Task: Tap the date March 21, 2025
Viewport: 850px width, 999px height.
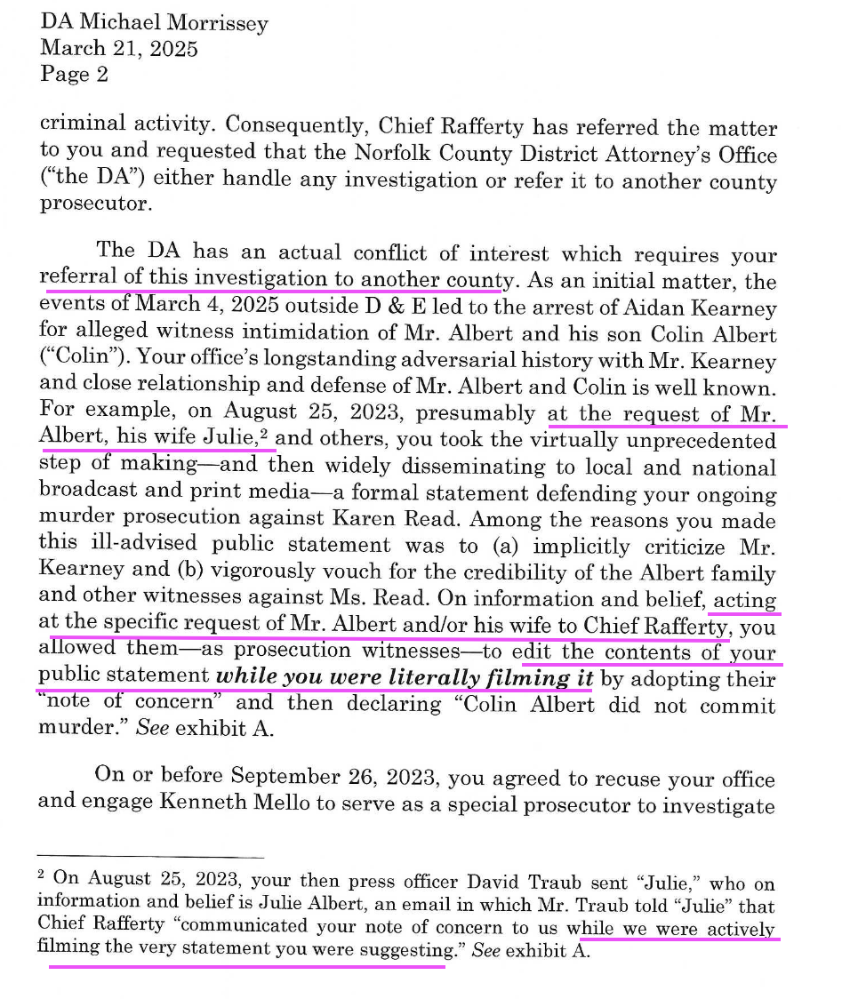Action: tap(119, 48)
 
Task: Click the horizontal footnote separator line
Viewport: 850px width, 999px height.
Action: tap(152, 857)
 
